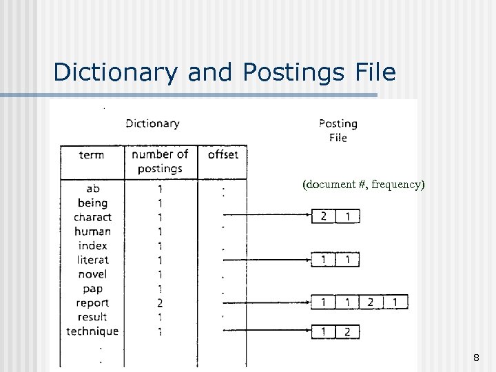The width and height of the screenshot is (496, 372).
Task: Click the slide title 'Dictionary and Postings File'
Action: (224, 72)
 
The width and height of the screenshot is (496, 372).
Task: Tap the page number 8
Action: (476, 358)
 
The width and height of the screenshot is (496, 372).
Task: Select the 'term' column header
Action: (92, 155)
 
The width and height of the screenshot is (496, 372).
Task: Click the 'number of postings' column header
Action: (160, 161)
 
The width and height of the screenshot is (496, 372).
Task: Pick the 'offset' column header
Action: (223, 154)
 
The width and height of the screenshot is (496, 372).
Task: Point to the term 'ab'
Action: (92, 189)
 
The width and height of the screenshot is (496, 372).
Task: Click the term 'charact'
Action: (92, 217)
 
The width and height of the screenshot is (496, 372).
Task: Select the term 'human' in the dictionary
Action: (92, 231)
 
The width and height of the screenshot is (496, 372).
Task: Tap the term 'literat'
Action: (92, 260)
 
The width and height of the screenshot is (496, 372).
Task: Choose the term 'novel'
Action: (92, 274)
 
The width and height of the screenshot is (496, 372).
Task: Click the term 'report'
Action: (92, 303)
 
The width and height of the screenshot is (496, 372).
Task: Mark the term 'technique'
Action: (92, 331)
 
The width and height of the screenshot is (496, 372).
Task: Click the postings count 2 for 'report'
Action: (160, 303)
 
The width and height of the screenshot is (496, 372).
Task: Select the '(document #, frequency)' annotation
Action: (364, 185)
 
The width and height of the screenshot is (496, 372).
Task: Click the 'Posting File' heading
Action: (338, 130)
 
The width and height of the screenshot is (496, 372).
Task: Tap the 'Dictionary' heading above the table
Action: (152, 123)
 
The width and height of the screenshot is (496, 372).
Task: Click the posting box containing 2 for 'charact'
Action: (323, 217)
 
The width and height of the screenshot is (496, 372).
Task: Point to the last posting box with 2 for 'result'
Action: (347, 332)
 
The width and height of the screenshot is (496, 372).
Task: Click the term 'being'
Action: (92, 203)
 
